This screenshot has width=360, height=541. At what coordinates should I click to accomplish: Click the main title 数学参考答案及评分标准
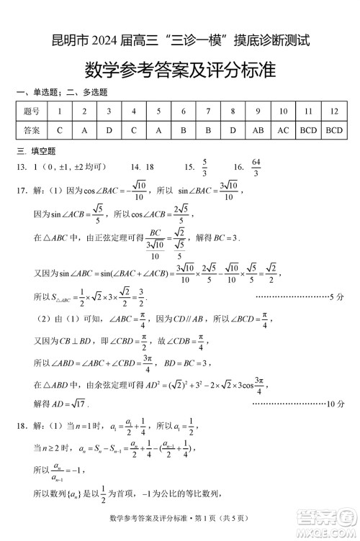click(180, 70)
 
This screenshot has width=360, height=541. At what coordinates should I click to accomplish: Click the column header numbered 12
click(333, 112)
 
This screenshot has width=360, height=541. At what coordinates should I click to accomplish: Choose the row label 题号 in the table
click(32, 112)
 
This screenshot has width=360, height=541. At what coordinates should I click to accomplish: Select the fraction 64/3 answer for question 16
click(257, 167)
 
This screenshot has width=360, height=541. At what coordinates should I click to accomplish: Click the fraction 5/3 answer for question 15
click(204, 167)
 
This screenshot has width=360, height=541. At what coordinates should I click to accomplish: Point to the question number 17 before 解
click(22, 191)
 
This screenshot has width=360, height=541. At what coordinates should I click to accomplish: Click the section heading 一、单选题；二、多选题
click(61, 92)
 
